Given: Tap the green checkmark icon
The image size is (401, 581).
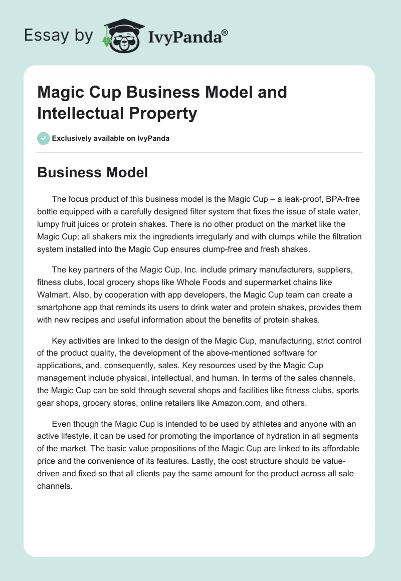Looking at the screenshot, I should pos(43,138).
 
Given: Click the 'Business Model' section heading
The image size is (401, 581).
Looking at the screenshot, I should pos(92,173).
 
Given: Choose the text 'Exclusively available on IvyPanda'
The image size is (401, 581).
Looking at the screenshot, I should pos(111,138).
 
